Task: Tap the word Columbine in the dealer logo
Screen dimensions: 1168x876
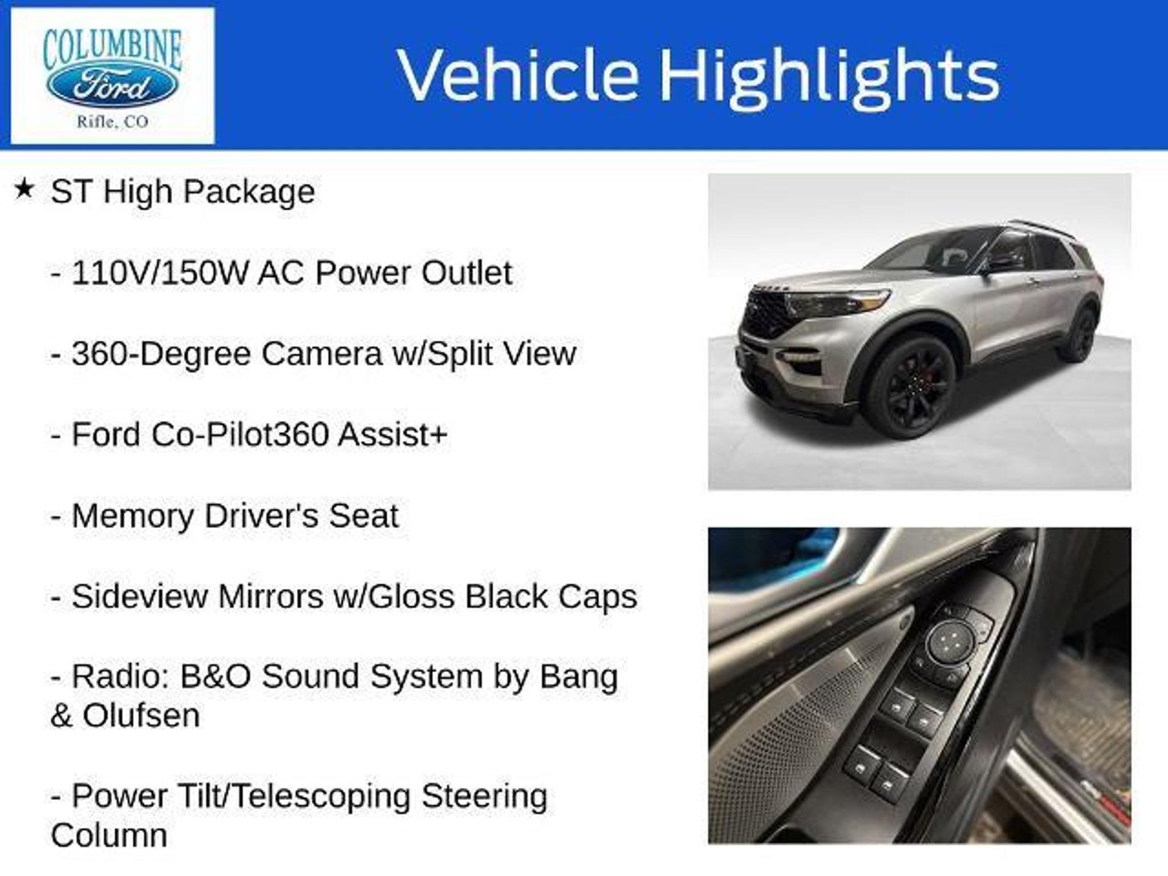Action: click(112, 50)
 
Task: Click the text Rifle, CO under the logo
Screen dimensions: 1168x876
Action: click(112, 122)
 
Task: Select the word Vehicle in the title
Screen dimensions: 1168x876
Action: click(518, 75)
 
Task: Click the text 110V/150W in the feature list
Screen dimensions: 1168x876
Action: click(160, 273)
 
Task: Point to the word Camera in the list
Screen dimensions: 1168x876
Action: click(322, 354)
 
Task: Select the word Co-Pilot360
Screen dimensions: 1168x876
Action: click(240, 435)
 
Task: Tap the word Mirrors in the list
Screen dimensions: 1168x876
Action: click(270, 597)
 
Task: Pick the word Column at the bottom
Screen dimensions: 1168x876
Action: click(109, 836)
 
